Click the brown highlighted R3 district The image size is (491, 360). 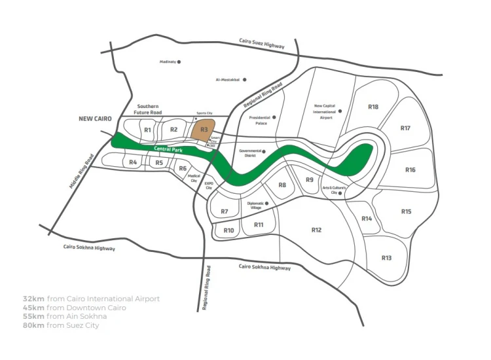click(x=204, y=130)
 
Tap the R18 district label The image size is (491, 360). click(x=373, y=107)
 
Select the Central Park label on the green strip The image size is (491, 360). click(x=168, y=150)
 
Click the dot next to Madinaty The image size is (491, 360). click(x=179, y=63)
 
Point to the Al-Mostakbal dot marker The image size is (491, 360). click(x=245, y=80)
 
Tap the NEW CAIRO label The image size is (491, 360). click(x=95, y=119)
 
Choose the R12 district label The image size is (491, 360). click(x=316, y=230)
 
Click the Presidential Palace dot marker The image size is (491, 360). click(x=274, y=117)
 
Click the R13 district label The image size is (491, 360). click(x=386, y=258)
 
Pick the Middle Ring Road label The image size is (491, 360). click(x=82, y=171)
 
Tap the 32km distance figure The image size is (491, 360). click(x=33, y=298)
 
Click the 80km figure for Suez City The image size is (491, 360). click(x=33, y=325)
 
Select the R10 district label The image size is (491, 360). click(x=228, y=230)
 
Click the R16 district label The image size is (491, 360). click(x=410, y=170)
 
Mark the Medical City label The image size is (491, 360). click(x=194, y=179)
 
